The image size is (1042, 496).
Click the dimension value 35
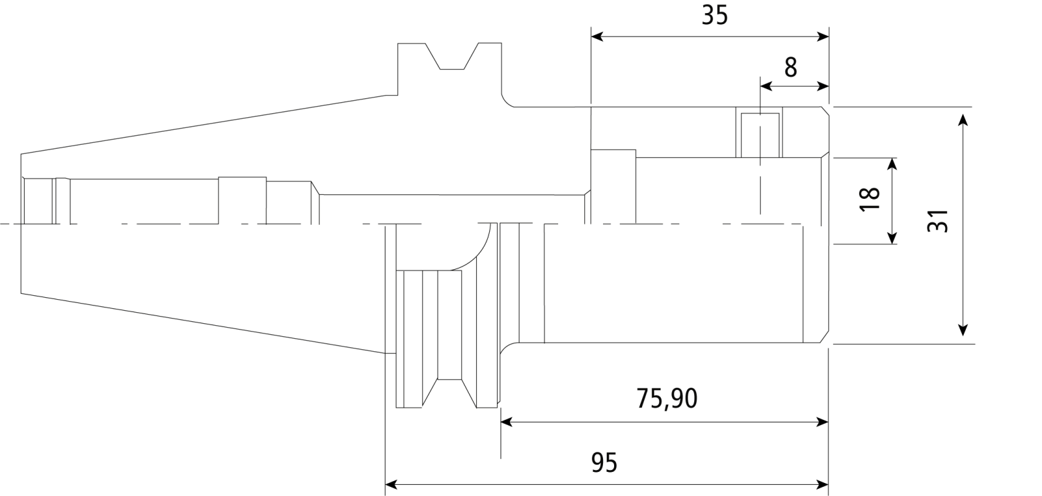click(714, 16)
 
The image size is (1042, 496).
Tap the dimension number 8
click(791, 68)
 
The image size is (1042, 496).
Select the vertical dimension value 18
click(870, 199)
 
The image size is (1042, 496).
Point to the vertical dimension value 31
click(938, 221)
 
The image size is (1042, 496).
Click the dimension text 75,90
click(667, 399)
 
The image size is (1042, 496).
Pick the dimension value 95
click(604, 463)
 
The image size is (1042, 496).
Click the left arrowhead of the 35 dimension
click(597, 36)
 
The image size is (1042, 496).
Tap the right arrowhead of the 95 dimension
click(823, 485)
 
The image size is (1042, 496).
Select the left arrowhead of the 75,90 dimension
click(507, 422)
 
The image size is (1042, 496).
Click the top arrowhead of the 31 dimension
click(963, 120)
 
